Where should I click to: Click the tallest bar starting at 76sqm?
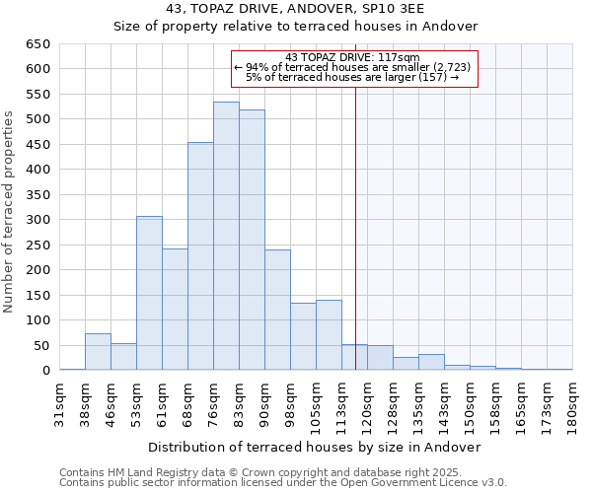pyautogui.click(x=226, y=237)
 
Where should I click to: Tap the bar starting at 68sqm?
pyautogui.click(x=200, y=256)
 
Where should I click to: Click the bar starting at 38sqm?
pyautogui.click(x=98, y=352)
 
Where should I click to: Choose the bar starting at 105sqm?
pyautogui.click(x=329, y=335)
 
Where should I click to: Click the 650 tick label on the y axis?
pyautogui.click(x=37, y=44)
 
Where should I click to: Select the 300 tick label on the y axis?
pyautogui.click(x=37, y=220)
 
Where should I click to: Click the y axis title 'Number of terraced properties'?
pyautogui.click(x=9, y=212)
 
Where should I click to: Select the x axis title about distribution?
pyautogui.click(x=316, y=447)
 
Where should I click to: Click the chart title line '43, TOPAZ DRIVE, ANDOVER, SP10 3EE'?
pyautogui.click(x=295, y=9)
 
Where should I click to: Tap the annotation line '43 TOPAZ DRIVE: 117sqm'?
pyautogui.click(x=352, y=57)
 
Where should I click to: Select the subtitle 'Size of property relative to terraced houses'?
pyautogui.click(x=295, y=27)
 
